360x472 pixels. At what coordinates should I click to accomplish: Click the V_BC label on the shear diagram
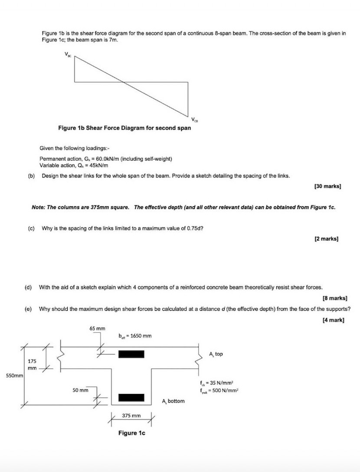(68, 54)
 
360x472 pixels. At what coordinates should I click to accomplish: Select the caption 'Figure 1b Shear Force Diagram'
(124, 128)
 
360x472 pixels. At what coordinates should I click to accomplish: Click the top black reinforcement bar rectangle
(131, 354)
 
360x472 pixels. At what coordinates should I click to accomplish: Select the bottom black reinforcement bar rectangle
(131, 397)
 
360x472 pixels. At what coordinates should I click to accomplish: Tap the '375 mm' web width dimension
(131, 416)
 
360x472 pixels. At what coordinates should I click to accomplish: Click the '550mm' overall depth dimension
(13, 375)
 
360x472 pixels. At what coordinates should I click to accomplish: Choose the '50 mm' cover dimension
(81, 390)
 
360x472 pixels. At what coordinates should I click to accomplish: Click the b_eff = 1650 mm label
(134, 336)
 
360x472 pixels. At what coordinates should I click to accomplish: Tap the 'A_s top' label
(216, 354)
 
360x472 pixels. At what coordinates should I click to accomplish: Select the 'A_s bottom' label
(173, 401)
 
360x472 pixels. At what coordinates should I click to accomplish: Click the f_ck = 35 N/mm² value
(217, 383)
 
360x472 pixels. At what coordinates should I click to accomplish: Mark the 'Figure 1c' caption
(131, 433)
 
